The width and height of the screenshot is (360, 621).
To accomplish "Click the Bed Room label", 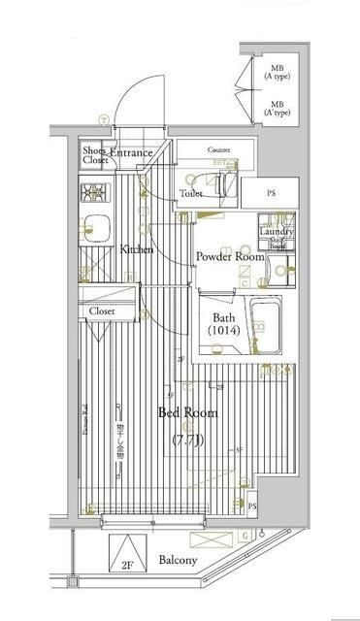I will pos(188,413).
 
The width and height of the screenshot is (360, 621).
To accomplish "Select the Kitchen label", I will pos(137,250).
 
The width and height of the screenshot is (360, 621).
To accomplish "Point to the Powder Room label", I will pos(229,256).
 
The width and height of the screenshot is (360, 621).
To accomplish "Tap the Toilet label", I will pos(190,194).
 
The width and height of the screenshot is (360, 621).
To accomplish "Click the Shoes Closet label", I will pos(95,154).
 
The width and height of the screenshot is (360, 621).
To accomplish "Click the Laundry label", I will pos(277,231).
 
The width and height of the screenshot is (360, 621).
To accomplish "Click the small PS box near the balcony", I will pos(252,507).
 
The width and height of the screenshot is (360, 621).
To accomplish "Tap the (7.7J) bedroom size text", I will pos(188,441).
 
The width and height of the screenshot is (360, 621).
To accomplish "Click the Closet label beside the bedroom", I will pos(104,311).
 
